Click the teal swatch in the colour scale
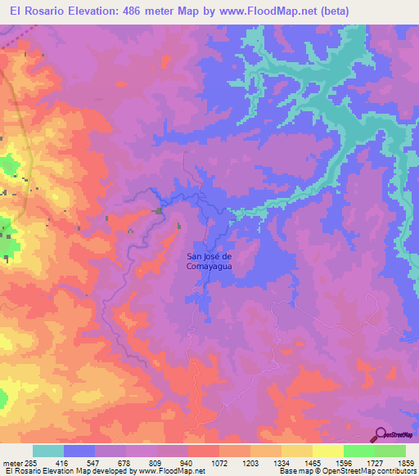click(x=48, y=451)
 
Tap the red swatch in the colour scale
click(x=204, y=451)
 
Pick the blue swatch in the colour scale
click(x=79, y=451)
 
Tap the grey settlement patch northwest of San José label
click(x=157, y=212)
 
